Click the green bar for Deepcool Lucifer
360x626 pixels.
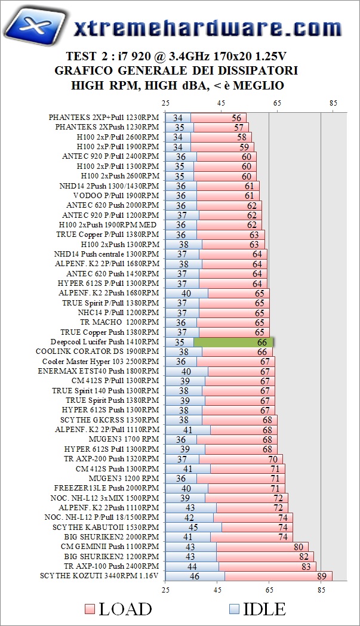click(233, 343)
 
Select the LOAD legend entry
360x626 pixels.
click(119, 609)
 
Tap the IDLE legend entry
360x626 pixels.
click(257, 609)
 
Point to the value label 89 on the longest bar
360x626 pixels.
click(323, 576)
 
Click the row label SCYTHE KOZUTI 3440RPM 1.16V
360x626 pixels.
click(100, 576)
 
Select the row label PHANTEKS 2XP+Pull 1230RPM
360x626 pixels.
click(104, 118)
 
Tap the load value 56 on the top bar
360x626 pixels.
click(237, 118)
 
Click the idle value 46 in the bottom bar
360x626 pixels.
click(194, 576)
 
